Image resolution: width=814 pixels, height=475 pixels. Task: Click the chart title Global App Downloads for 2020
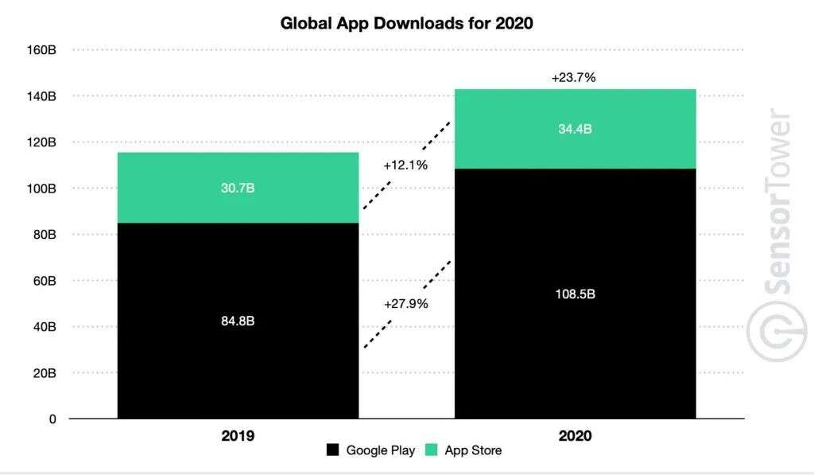click(406, 23)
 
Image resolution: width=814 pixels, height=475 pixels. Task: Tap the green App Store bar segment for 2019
click(238, 188)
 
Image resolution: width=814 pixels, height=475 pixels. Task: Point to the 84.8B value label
click(238, 321)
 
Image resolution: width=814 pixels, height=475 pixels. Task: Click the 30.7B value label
click(238, 189)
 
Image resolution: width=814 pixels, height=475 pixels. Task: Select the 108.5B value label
click(575, 294)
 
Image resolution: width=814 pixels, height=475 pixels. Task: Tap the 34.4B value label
click(575, 130)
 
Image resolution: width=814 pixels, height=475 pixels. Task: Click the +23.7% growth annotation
click(573, 78)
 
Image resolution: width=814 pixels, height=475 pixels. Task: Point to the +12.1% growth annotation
click(405, 165)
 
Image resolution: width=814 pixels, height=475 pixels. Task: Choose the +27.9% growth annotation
click(405, 304)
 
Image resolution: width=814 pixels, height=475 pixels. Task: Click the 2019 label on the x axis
click(238, 436)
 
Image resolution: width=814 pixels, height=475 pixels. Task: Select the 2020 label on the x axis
click(575, 436)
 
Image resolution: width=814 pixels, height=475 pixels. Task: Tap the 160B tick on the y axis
click(41, 49)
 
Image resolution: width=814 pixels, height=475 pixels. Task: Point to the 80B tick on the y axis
click(45, 235)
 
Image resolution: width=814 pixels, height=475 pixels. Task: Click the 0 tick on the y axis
click(52, 419)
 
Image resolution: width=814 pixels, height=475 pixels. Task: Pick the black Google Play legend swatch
click(334, 450)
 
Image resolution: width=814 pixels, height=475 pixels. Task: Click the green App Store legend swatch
click(431, 450)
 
